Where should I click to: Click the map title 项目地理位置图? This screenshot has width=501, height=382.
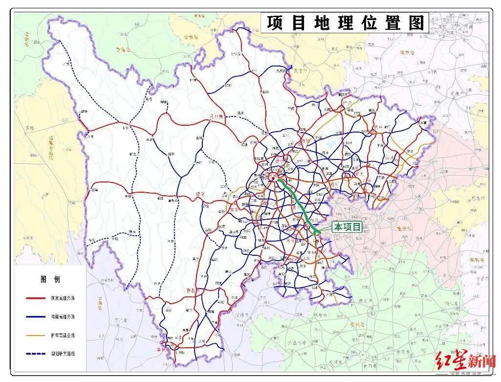[x=344, y=23]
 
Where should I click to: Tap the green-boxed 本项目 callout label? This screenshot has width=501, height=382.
[x=347, y=227]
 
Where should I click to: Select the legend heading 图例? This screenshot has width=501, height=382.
[x=50, y=279]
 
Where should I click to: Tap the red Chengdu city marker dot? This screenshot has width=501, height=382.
[x=275, y=178]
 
